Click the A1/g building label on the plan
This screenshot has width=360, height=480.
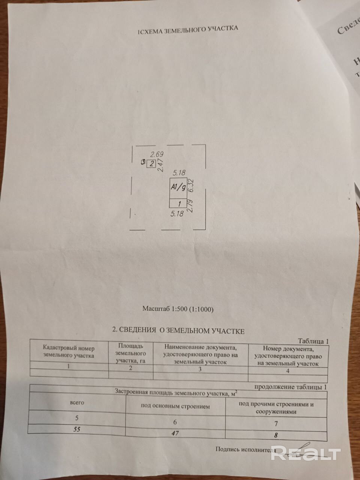coord(178,187)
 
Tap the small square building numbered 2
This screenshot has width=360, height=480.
coord(152,164)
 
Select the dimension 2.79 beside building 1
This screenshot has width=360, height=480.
coord(190,206)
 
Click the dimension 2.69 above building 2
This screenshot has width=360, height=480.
coord(157,154)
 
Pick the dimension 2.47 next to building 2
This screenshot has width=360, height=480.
coord(160,165)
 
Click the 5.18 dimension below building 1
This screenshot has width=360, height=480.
coord(177,214)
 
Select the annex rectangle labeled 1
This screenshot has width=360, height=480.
coord(178,204)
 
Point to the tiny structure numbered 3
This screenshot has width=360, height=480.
coord(143,162)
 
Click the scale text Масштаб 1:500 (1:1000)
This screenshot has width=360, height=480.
coord(178,310)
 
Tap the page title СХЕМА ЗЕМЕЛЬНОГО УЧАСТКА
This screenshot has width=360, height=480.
coord(187,29)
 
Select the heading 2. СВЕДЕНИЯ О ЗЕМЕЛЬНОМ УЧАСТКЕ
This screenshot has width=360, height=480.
coord(178,331)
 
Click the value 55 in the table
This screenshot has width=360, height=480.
coord(76,430)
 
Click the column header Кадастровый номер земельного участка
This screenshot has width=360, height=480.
coord(69,351)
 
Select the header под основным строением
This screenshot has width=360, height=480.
coord(175,406)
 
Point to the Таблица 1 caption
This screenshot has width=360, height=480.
coord(313,342)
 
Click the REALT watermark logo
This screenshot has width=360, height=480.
coord(306,454)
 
